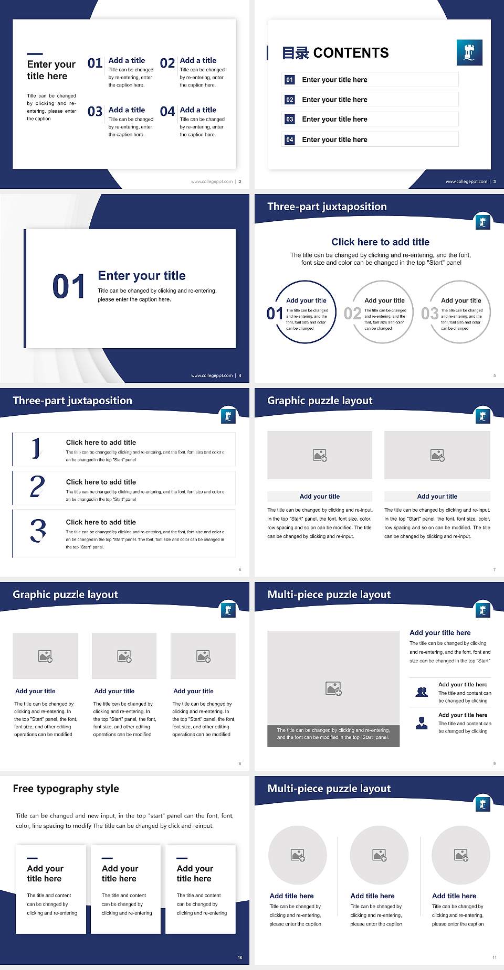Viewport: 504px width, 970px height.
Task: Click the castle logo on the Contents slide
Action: coord(469,52)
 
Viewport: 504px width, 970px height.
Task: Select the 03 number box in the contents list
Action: coord(290,120)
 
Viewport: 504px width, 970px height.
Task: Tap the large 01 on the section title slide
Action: coord(69,287)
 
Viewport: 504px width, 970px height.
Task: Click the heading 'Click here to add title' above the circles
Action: coord(380,242)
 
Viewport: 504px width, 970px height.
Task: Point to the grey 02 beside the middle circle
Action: coord(352,314)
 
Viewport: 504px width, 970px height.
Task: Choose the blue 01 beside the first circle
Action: coord(275,314)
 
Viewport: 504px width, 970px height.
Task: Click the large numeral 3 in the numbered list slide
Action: coord(38,531)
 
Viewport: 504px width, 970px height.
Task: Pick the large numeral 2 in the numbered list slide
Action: coord(37,487)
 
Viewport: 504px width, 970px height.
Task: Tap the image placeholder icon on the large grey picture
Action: coord(333,688)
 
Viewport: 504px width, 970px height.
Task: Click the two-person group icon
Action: coord(422,692)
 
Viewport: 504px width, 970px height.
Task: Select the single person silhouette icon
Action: coord(422,723)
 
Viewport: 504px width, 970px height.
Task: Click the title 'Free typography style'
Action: coord(66,789)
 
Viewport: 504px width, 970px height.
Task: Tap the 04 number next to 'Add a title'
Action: coord(167,112)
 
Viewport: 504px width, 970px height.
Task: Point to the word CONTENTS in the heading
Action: coord(351,53)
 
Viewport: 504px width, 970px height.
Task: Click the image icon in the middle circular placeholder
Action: coord(379,855)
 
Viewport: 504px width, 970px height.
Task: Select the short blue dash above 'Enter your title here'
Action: coord(35,53)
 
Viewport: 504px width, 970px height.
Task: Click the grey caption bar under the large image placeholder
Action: coord(333,734)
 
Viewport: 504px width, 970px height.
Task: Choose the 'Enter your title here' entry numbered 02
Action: coord(334,100)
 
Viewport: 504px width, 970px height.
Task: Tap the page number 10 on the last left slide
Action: coord(240,957)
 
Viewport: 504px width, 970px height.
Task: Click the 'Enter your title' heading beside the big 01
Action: coord(142,276)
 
